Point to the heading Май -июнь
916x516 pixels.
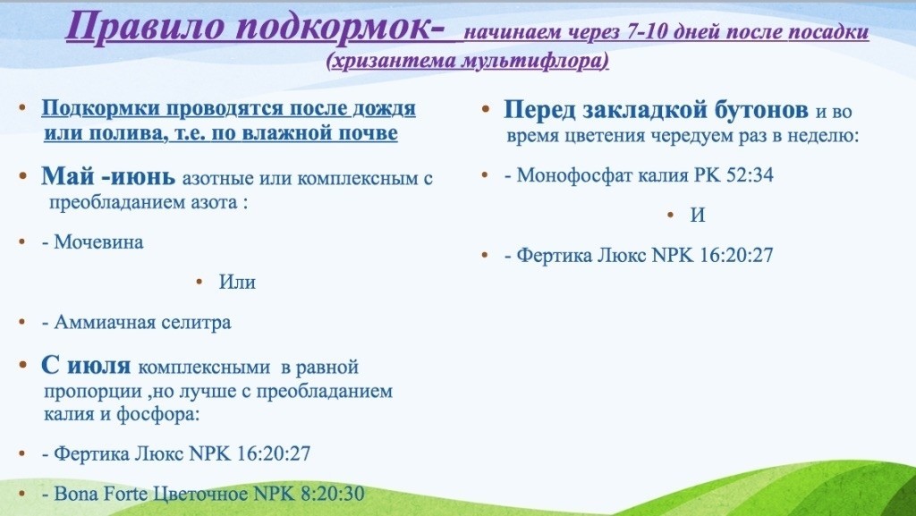(108, 175)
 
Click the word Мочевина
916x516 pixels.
(98, 241)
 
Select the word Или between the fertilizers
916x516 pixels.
(237, 282)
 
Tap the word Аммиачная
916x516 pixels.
(104, 322)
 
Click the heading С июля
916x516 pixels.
(86, 366)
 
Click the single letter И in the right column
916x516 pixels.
(698, 216)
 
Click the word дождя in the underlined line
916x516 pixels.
(384, 108)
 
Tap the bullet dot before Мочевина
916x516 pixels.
(22, 241)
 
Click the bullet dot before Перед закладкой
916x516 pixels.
(485, 108)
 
